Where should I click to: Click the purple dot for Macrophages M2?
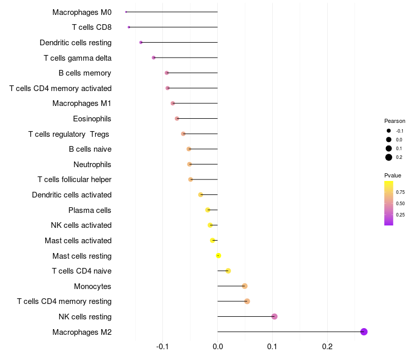(364, 332)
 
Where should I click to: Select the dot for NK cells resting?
(274, 316)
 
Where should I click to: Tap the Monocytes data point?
(245, 286)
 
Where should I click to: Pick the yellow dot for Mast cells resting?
(218, 256)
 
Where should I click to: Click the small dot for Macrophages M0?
(126, 12)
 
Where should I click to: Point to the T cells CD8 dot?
(129, 27)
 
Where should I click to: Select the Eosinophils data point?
(177, 118)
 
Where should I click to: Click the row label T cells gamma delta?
(78, 58)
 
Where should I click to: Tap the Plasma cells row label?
(90, 210)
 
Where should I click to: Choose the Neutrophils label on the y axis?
(92, 165)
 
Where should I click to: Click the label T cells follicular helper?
(74, 179)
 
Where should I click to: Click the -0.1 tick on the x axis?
(163, 346)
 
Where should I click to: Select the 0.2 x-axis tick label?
(327, 346)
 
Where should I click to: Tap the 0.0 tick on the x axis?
(218, 346)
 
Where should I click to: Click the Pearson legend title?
(395, 121)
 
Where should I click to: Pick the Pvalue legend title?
(393, 176)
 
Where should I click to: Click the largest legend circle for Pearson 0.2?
(389, 157)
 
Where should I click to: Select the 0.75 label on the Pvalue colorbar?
(400, 192)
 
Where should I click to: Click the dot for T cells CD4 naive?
(228, 271)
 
